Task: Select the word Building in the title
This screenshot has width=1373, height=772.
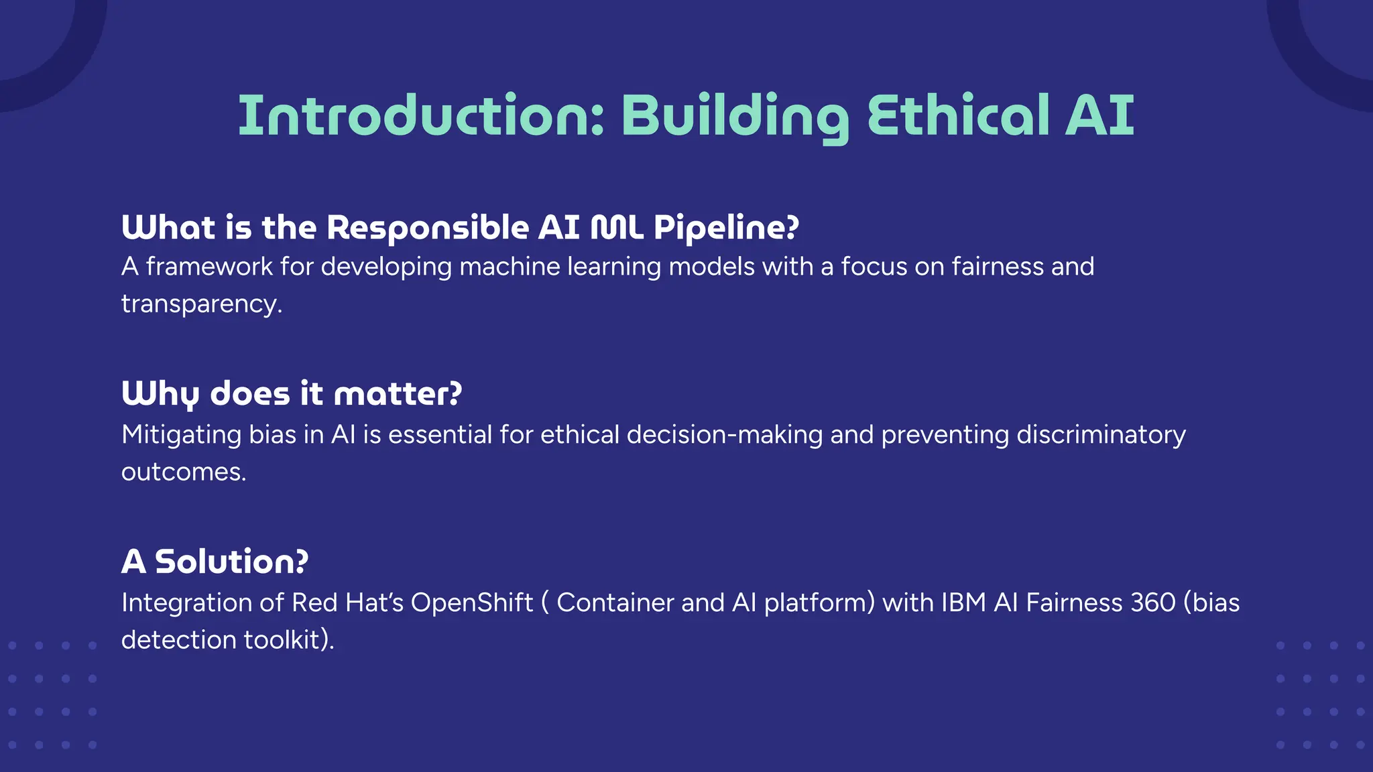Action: [x=735, y=117]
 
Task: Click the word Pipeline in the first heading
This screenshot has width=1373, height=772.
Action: [x=726, y=229]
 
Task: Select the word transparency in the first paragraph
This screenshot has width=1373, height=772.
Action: [x=201, y=304]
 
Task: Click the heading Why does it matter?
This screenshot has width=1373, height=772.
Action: [x=292, y=393]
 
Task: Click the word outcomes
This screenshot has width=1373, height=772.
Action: [x=183, y=472]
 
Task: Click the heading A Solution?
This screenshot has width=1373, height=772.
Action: [x=215, y=562]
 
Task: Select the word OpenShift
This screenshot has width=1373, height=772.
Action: [x=471, y=602]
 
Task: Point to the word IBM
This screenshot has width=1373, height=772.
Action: [x=963, y=602]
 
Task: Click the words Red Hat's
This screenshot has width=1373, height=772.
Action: [x=347, y=602]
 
